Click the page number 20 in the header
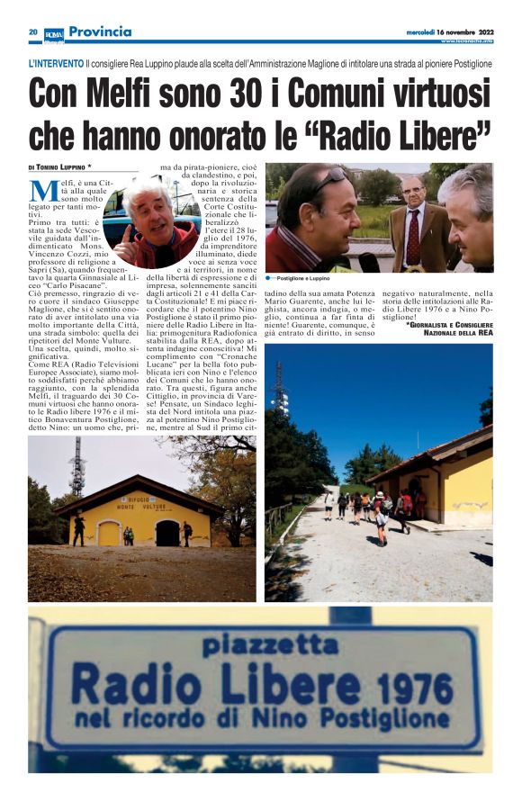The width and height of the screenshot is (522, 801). (32, 32)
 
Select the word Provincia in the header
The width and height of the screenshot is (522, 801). (100, 32)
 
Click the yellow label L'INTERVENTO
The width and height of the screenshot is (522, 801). (56, 65)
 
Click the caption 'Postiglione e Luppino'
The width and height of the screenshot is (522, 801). (310, 279)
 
